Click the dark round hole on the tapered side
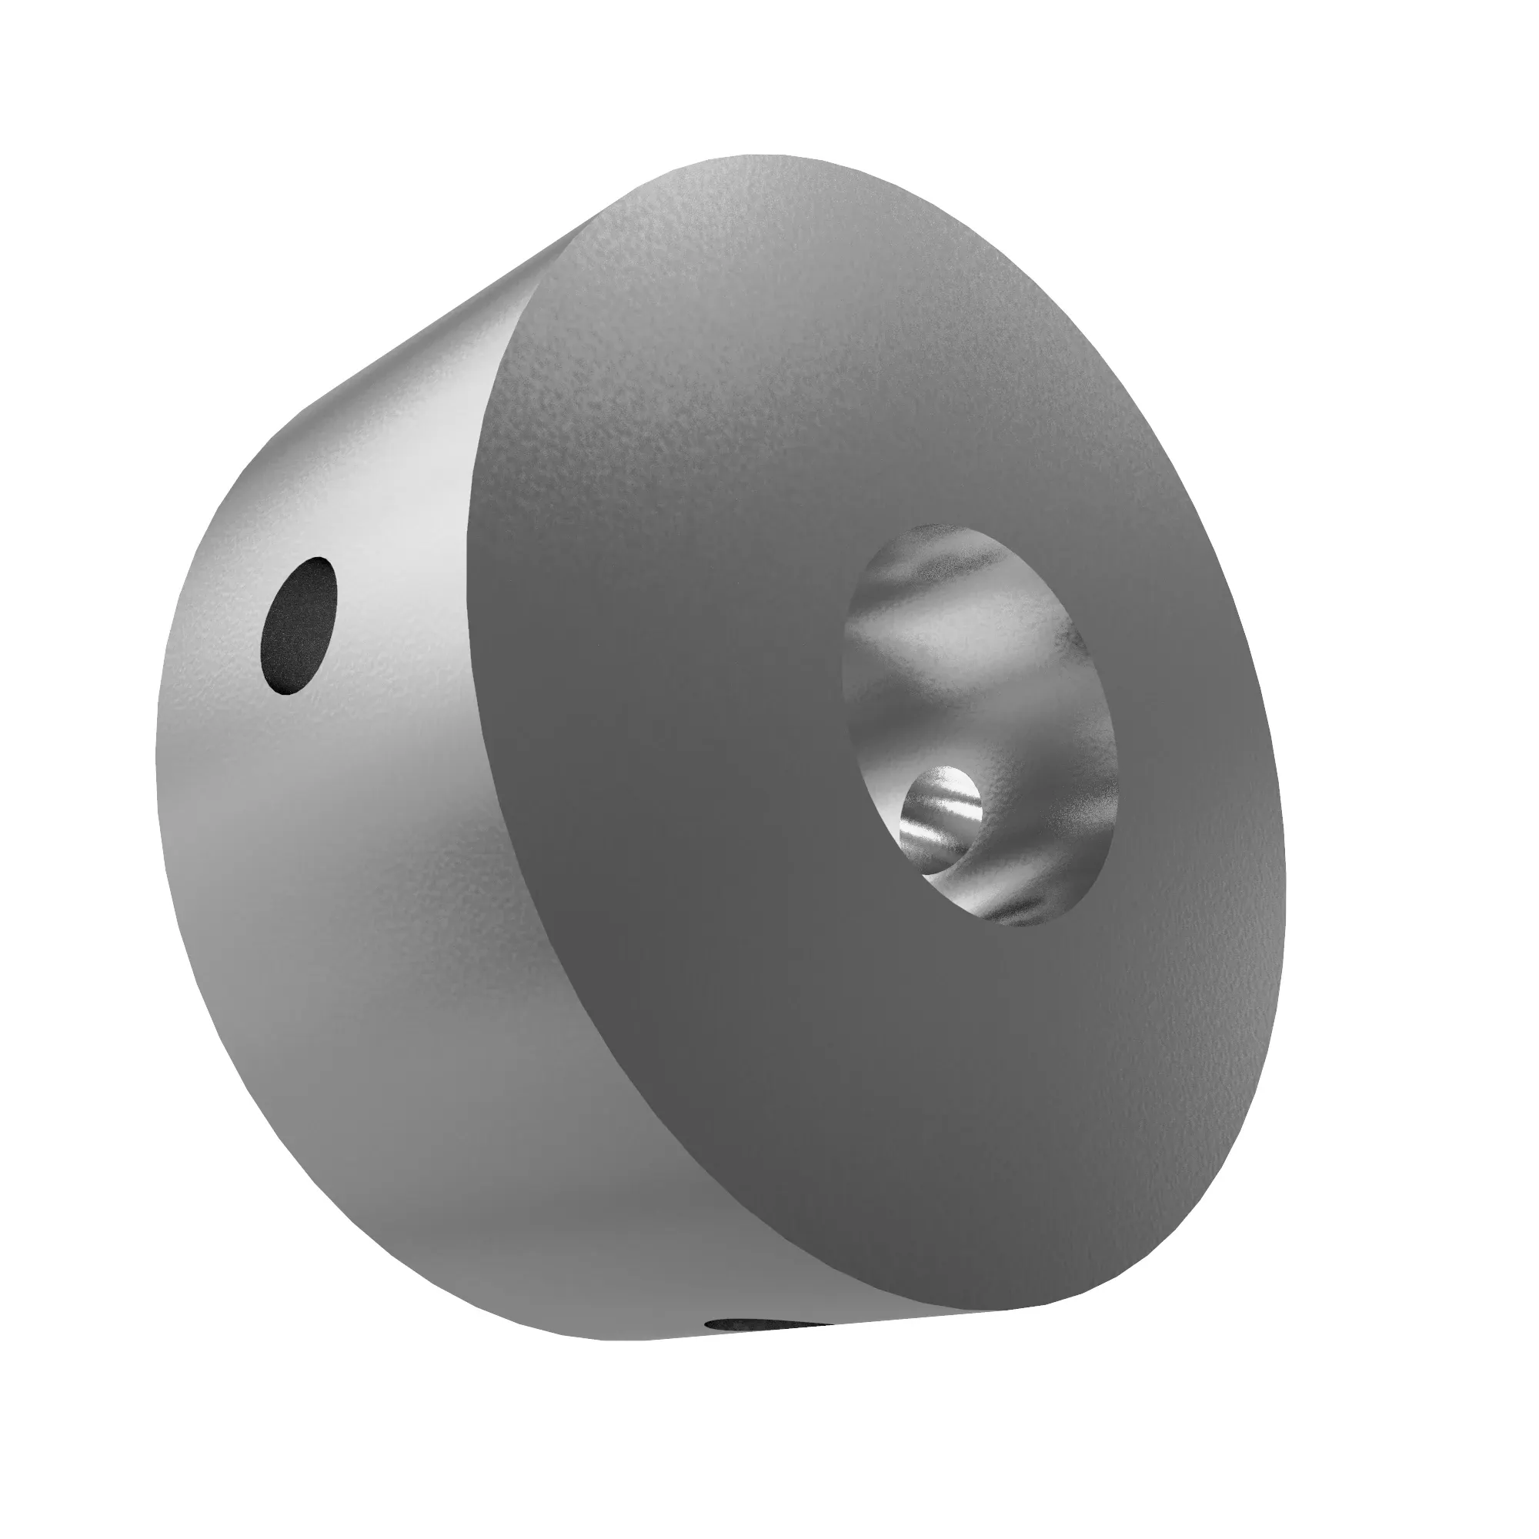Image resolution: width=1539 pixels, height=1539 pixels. tap(299, 626)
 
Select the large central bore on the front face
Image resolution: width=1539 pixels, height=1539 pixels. tap(980, 725)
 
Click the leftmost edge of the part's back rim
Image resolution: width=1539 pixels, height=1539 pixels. tap(156, 765)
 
